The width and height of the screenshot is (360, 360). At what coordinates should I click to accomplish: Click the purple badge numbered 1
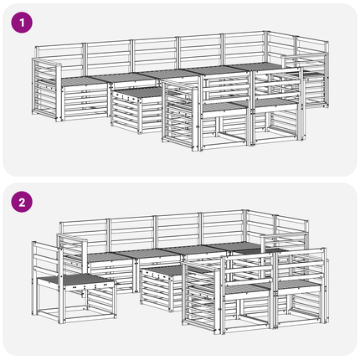[x=22, y=23]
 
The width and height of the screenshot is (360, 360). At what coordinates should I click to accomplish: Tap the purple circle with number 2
[x=22, y=202]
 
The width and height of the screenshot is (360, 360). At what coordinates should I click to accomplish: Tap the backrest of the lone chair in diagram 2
[x=45, y=259]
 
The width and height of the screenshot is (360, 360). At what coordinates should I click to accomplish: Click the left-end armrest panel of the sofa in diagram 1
[x=46, y=90]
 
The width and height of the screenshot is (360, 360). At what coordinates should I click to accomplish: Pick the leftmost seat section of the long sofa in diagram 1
[x=82, y=81]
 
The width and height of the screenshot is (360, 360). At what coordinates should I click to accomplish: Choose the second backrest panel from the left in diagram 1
[x=107, y=57]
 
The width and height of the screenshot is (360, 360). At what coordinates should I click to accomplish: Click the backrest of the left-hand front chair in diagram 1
[x=225, y=88]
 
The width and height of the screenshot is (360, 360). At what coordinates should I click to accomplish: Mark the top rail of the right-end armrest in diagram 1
[x=305, y=55]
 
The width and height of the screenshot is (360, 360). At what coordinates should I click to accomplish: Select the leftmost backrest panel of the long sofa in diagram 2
[x=83, y=234]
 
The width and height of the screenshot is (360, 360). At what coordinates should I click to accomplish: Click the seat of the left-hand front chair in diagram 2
[x=247, y=290]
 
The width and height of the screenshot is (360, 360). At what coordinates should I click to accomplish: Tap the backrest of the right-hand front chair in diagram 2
[x=301, y=265]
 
